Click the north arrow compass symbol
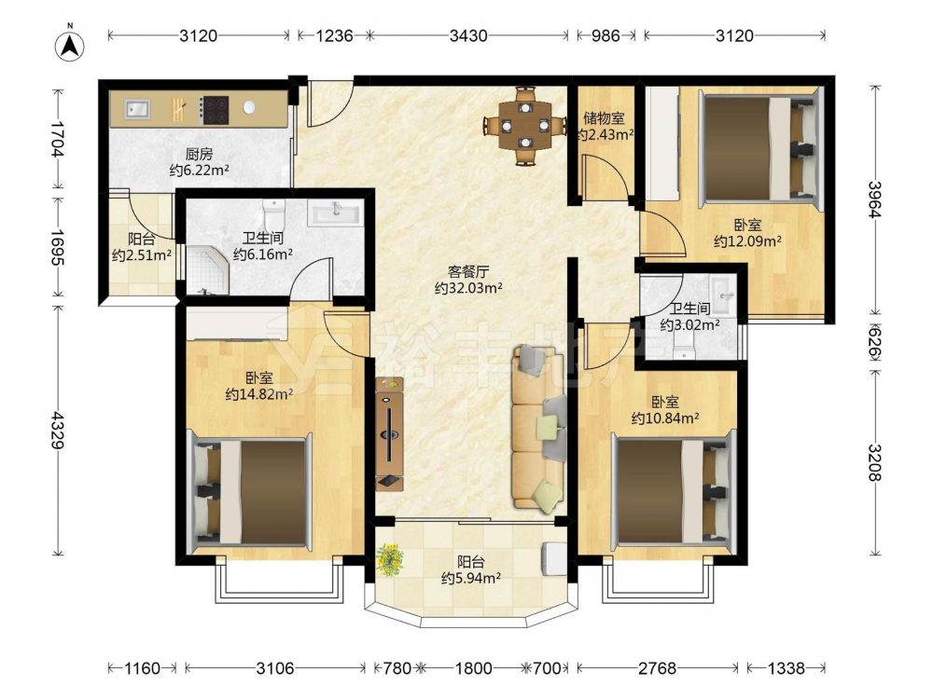point(70,45)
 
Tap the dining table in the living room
point(524,126)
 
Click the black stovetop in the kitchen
point(215,110)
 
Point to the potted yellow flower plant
point(390,559)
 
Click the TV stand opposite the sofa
point(389,434)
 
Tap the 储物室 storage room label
point(604,119)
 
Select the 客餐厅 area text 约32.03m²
point(469,288)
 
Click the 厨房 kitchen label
point(199,155)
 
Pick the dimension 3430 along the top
point(468,35)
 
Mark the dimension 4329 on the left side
point(58,430)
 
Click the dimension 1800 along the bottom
point(474,668)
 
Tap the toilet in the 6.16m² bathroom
point(273,214)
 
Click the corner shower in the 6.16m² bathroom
point(207,270)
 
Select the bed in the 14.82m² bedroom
point(250,492)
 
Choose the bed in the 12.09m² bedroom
point(760,146)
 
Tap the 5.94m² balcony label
point(470,569)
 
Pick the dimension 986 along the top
point(606,35)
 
